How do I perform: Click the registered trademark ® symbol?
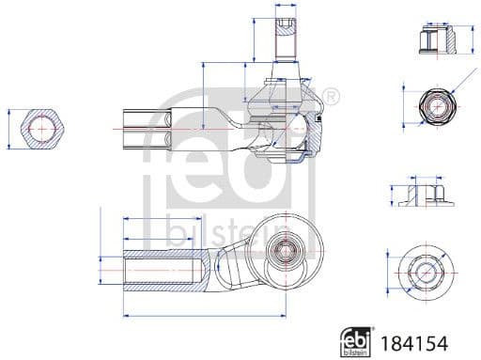point(330,95)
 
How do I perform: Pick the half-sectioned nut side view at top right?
point(433,38)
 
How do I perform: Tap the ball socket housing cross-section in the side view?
point(291,132)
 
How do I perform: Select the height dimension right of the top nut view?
point(468,38)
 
